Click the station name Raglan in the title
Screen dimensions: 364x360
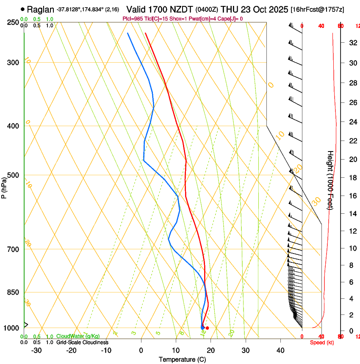(x=41, y=9)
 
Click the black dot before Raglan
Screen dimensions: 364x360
(x=22, y=9)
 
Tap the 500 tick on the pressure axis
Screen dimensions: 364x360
(x=13, y=175)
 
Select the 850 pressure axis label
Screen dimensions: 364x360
(x=13, y=292)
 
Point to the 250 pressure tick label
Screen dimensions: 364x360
(x=13, y=22)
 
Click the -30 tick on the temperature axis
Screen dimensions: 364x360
(x=36, y=350)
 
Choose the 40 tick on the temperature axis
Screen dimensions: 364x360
(x=280, y=350)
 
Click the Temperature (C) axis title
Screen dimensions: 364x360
(x=182, y=359)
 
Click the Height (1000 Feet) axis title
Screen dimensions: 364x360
(x=330, y=180)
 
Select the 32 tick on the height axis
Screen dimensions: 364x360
(x=352, y=42)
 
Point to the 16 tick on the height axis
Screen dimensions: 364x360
(x=352, y=196)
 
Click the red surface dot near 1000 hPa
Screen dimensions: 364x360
(x=207, y=328)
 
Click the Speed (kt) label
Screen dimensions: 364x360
(x=322, y=342)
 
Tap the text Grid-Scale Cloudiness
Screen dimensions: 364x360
(x=82, y=342)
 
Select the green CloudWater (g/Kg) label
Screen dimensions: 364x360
(x=78, y=336)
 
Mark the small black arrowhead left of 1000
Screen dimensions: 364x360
(x=26, y=325)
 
